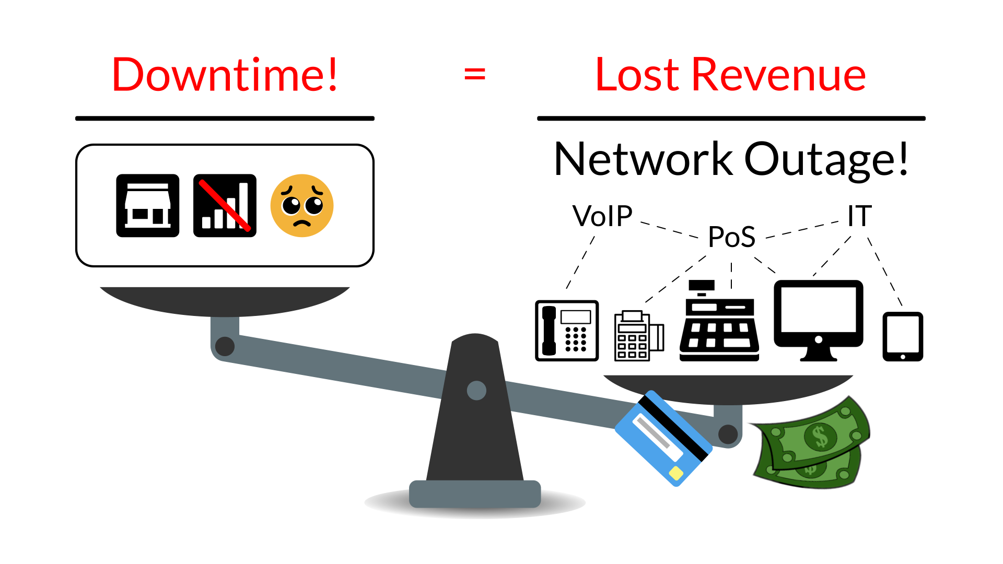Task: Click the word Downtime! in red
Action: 225,75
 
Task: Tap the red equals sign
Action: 474,74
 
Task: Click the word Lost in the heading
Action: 637,75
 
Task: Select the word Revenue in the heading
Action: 778,75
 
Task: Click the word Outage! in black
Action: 826,159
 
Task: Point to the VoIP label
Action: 602,216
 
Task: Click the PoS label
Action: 731,237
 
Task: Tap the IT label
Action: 859,216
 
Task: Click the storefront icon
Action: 148,206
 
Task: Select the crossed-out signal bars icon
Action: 225,206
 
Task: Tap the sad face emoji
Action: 302,206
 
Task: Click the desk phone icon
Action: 567,331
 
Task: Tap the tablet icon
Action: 903,336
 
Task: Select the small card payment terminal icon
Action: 638,336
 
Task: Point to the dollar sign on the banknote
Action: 821,436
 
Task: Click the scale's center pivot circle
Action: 476,391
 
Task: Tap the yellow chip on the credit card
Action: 676,474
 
